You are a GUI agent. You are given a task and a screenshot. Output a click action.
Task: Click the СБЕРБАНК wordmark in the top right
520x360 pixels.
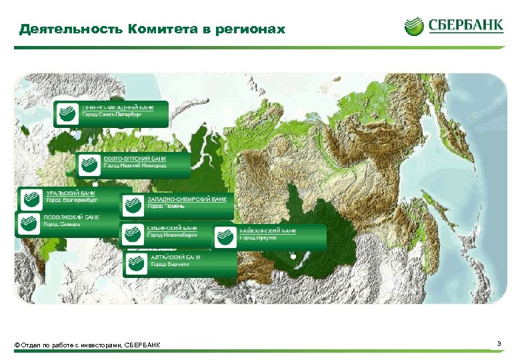[x=465, y=27]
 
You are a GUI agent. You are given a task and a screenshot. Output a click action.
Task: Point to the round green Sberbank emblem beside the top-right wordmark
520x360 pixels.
[x=414, y=27]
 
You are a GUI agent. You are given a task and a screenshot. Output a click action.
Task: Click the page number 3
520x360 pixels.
[x=499, y=343]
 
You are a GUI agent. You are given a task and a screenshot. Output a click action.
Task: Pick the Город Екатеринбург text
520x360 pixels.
[x=71, y=199]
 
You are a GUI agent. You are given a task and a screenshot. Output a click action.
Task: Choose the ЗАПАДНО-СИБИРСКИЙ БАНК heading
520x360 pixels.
[x=186, y=199]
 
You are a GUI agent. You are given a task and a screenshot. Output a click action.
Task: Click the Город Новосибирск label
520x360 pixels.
[x=172, y=235]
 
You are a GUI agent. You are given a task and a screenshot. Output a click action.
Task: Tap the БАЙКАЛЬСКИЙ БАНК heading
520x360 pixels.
[x=267, y=230]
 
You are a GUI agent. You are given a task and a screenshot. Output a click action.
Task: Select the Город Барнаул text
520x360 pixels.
[x=169, y=264]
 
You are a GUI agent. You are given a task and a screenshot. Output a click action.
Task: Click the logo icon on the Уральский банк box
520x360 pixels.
[x=31, y=198]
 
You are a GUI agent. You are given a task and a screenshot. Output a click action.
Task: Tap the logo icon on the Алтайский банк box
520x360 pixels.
[x=135, y=262]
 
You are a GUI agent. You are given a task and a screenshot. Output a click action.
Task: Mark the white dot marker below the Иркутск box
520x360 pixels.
[x=293, y=255]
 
